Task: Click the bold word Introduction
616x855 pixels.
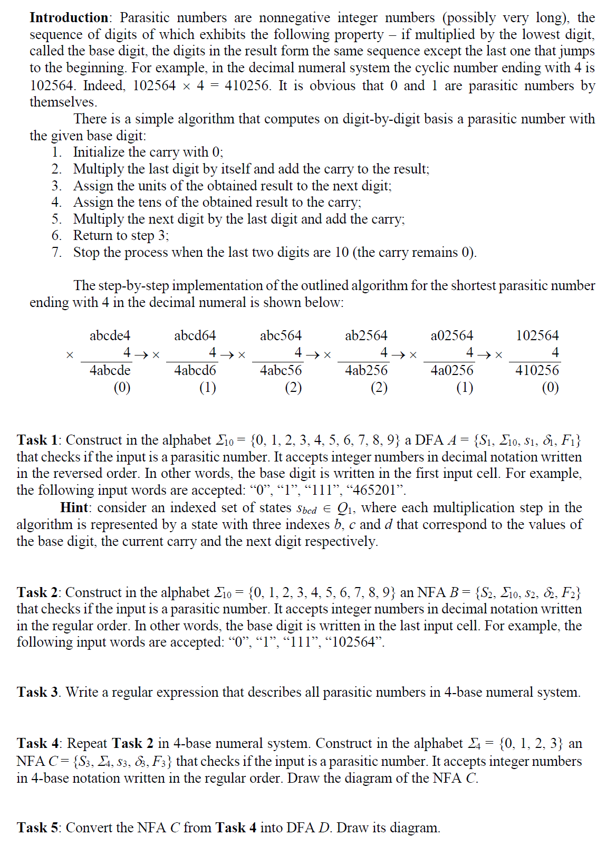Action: [x=69, y=17]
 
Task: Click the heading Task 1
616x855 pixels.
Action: [x=38, y=440]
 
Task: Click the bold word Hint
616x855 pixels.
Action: [x=74, y=507]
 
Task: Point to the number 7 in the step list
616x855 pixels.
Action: [x=56, y=252]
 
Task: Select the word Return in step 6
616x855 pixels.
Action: [x=93, y=235]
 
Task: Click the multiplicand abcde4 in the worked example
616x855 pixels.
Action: [x=110, y=335]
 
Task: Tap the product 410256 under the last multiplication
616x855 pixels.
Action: [x=537, y=370]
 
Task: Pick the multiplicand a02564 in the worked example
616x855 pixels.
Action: [x=452, y=335]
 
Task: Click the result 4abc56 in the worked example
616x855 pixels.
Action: [x=281, y=370]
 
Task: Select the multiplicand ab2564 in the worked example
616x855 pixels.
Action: [x=366, y=335]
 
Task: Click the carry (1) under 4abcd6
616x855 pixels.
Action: [x=208, y=388]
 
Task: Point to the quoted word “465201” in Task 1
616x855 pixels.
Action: [x=378, y=490]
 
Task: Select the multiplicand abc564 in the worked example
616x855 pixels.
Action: [x=281, y=335]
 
